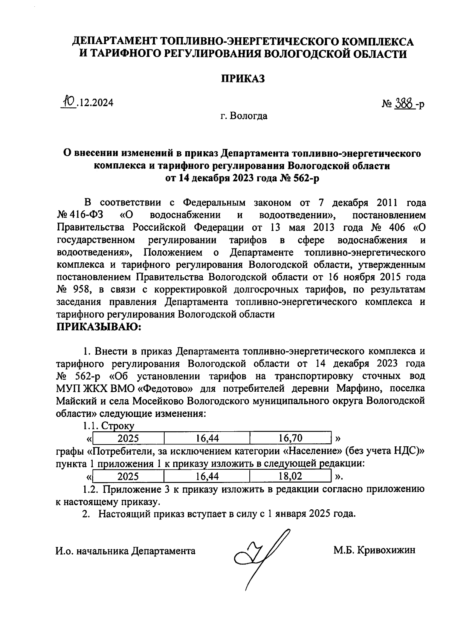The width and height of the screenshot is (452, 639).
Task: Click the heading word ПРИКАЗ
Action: coord(242,78)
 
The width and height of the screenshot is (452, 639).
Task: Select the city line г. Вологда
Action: coord(244,116)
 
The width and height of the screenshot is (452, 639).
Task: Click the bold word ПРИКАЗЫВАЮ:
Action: coord(98,327)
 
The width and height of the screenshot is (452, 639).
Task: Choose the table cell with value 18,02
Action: coord(290,476)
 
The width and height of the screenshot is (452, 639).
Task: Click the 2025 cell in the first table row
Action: coord(128,438)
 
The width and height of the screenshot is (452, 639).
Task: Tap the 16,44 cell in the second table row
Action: coord(207,476)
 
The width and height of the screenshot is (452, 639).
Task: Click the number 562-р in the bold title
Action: coord(302,178)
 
